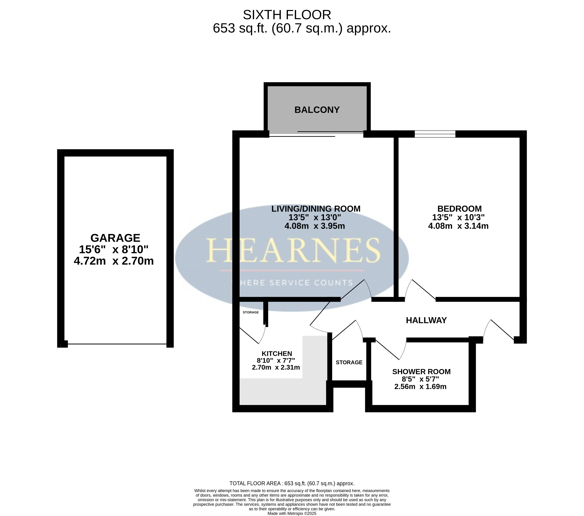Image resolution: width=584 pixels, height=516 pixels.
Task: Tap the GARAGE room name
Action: pos(115,238)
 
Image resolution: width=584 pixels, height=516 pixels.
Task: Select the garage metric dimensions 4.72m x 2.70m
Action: pos(114,261)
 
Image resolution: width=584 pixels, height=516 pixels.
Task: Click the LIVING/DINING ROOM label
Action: pos(316,209)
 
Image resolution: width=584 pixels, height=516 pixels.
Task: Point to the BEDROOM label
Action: pos(459,209)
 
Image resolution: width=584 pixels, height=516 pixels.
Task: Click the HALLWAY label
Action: pos(426,320)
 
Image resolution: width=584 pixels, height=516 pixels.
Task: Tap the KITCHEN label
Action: pos(277,354)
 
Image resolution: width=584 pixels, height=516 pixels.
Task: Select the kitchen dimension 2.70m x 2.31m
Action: pos(276,367)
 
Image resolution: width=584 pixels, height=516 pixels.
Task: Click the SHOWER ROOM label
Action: pos(421,372)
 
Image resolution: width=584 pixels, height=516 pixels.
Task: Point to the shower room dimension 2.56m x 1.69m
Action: pos(420,387)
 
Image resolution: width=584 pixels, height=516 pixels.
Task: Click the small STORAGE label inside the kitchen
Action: pos(251,312)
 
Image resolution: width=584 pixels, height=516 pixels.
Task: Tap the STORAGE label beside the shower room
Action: pos(349,362)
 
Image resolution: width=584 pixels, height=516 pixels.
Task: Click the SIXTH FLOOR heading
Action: pos(287,15)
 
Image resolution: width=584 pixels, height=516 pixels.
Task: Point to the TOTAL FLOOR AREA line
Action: pos(292,483)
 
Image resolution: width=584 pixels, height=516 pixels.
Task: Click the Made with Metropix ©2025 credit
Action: pos(292,514)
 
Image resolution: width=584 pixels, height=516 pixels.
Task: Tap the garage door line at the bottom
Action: pos(117,344)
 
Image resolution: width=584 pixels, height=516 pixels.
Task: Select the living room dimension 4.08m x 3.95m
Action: pos(315,226)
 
